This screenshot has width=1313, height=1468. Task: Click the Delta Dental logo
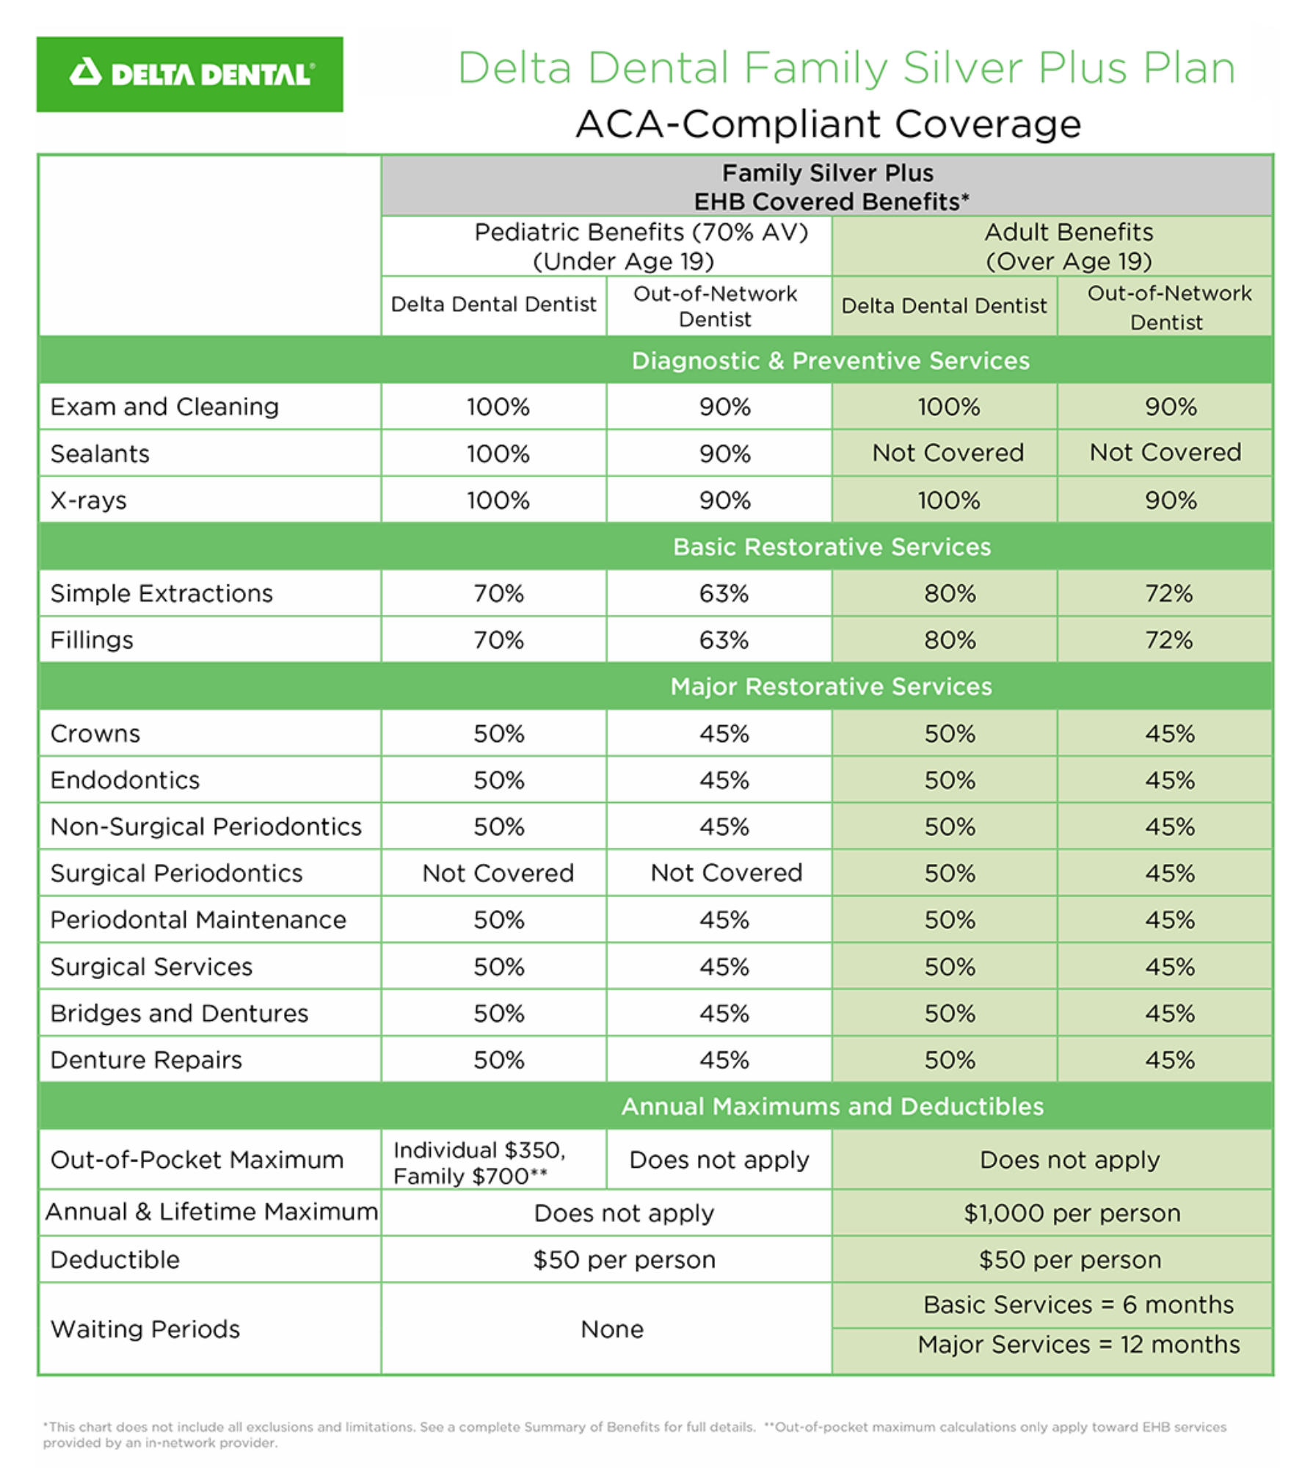click(x=189, y=74)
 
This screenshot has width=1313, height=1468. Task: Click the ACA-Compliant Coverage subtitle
click(x=828, y=124)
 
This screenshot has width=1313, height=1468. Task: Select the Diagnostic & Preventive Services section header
click(x=830, y=360)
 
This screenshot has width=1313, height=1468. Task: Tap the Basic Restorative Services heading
click(x=832, y=547)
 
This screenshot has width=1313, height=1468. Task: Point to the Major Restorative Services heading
click(x=831, y=686)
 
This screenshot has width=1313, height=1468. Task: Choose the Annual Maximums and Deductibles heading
click(x=832, y=1106)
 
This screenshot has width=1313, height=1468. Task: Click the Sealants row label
click(x=100, y=454)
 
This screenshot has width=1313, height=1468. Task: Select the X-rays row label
click(x=88, y=501)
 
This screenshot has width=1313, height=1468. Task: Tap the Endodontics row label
click(x=125, y=780)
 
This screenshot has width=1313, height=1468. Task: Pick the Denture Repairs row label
click(x=146, y=1060)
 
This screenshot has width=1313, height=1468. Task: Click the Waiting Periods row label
click(x=145, y=1329)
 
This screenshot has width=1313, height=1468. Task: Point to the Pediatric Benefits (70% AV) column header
click(x=641, y=246)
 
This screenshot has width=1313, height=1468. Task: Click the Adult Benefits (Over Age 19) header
click(x=1069, y=246)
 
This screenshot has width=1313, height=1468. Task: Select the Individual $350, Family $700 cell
click(x=480, y=1163)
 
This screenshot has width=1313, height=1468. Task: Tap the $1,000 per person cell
click(x=1072, y=1213)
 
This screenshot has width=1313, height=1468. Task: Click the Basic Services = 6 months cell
click(x=1078, y=1304)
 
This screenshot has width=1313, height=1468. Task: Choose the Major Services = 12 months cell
click(x=1078, y=1345)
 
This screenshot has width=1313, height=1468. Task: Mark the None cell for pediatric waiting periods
click(x=611, y=1329)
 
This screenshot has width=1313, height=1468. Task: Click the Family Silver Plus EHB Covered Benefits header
click(x=828, y=187)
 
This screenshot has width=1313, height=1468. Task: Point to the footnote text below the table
click(x=634, y=1434)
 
